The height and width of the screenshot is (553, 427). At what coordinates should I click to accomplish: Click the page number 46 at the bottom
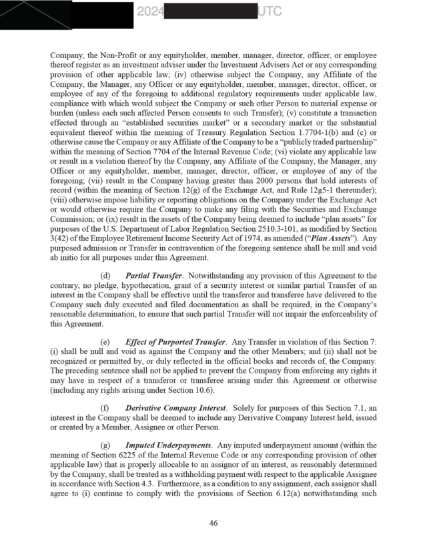pyautogui.click(x=213, y=523)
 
